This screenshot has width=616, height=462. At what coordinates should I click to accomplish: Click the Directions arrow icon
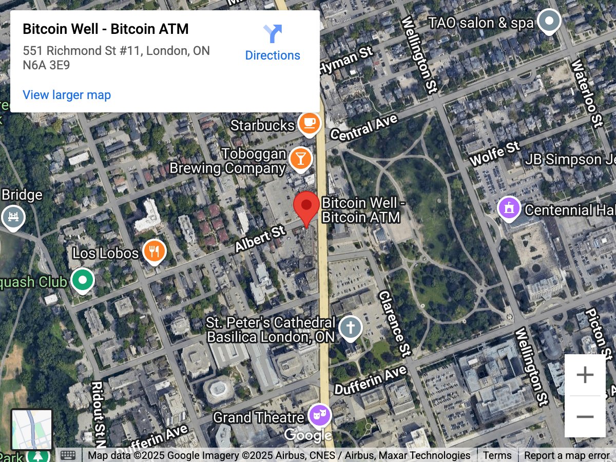273,34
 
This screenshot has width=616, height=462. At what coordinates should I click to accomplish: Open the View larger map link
67,95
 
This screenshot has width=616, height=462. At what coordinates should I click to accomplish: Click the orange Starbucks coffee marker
309,123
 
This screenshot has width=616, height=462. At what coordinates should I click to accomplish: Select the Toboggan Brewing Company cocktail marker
300,159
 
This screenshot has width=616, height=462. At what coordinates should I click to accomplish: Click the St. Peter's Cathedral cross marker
351,327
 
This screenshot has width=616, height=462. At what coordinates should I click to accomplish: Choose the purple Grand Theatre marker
319,415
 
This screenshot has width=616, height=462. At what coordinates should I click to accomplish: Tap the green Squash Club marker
82,280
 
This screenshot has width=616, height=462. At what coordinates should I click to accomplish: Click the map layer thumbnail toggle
32,429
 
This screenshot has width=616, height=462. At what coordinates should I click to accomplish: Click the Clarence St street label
394,323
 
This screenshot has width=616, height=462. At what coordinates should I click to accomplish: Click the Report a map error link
567,455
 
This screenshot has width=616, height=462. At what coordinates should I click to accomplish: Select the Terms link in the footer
497,455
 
